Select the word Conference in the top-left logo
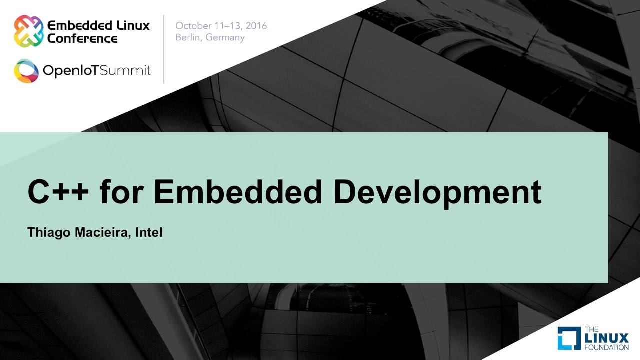(82, 38)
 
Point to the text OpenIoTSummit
(97, 71)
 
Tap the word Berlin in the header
(187, 38)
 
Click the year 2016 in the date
(256, 26)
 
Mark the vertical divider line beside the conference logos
(164, 49)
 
